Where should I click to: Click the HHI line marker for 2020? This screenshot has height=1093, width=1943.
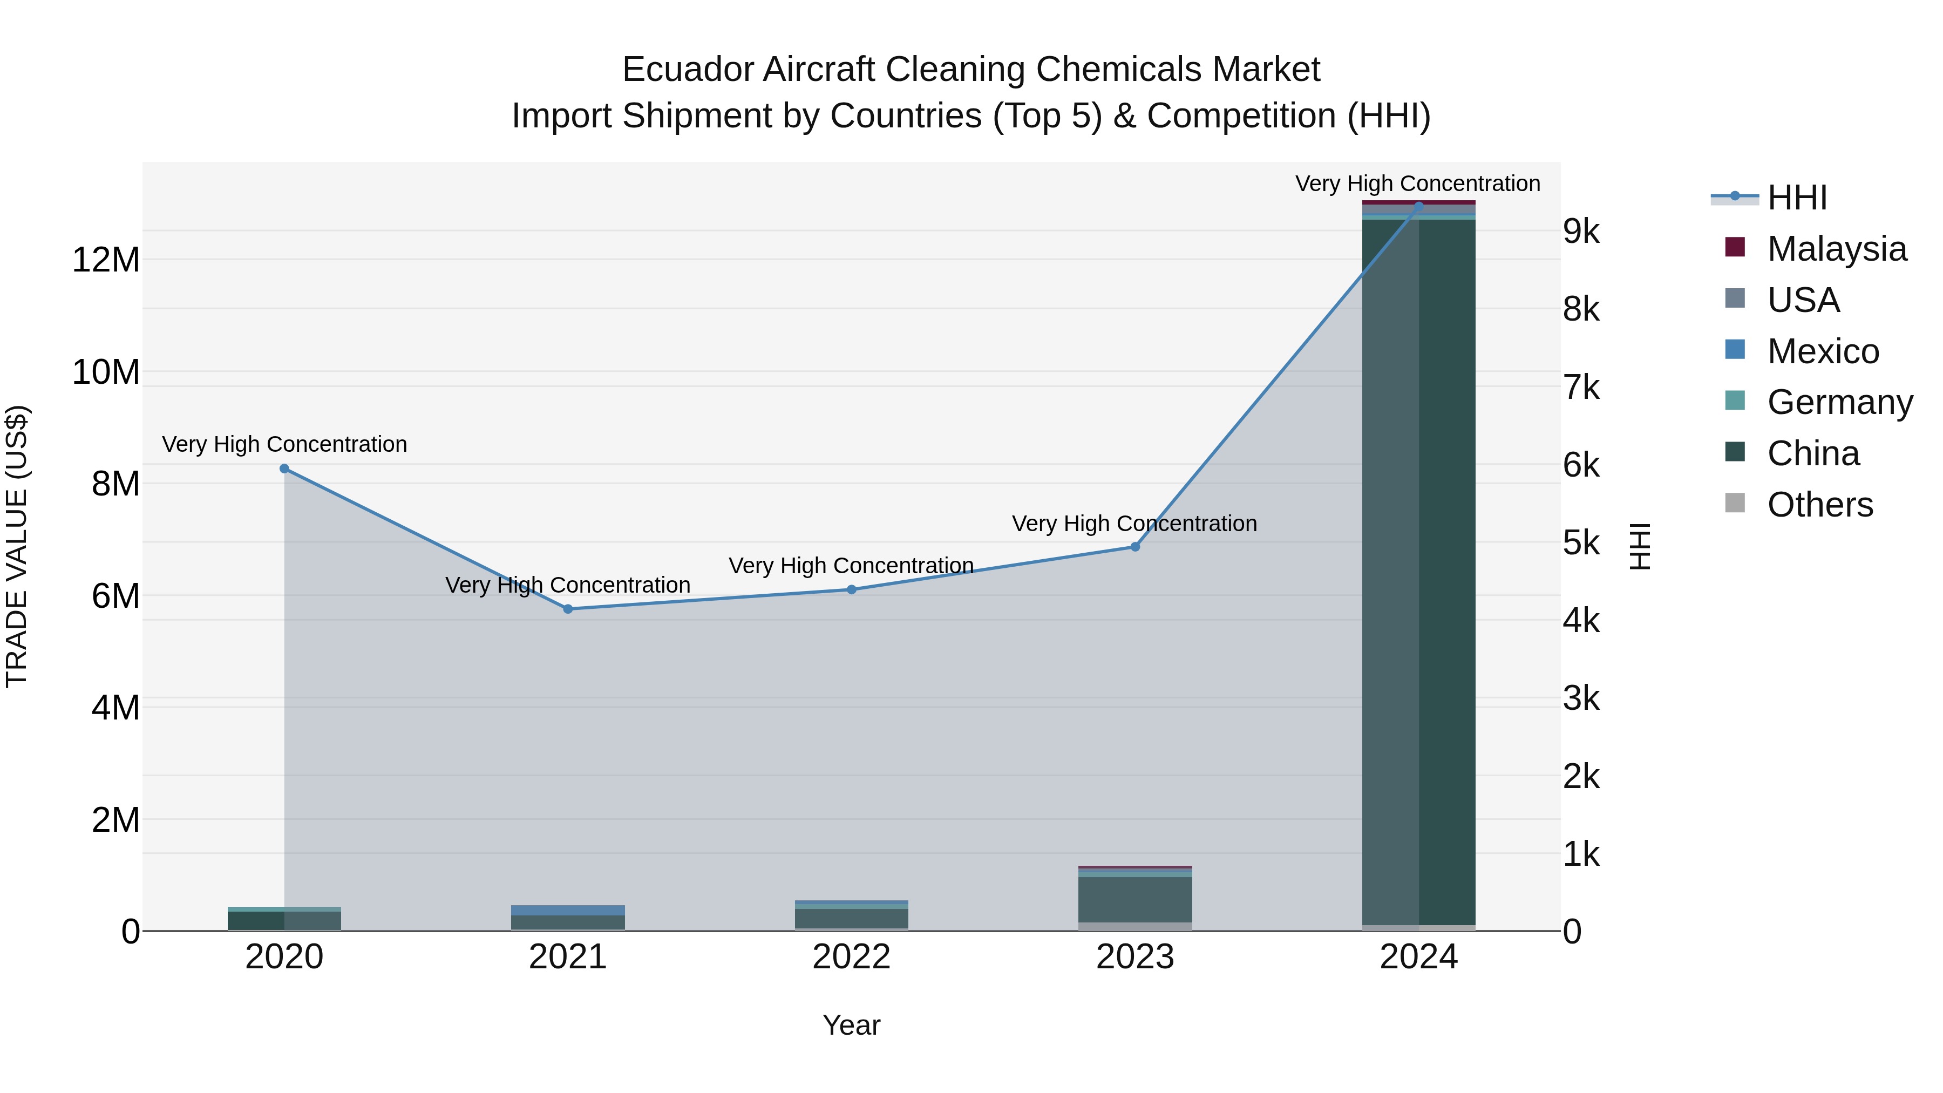[x=284, y=469]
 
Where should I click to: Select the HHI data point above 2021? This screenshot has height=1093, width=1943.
[x=568, y=609]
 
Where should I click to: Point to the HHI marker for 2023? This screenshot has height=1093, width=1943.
[x=1135, y=547]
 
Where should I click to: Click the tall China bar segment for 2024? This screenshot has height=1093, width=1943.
[x=1419, y=573]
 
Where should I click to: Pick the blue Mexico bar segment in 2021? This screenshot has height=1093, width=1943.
[x=568, y=911]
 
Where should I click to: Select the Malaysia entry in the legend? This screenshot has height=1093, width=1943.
[x=1836, y=249]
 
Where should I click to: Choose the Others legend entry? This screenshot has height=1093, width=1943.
[x=1819, y=505]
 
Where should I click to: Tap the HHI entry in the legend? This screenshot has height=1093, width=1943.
[x=1797, y=198]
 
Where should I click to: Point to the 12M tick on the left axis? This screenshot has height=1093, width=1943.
[x=106, y=260]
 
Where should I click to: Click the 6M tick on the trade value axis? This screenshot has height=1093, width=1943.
[x=116, y=596]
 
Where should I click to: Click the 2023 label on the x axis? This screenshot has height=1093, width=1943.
[x=1135, y=957]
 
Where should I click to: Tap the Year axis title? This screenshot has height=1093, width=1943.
[x=852, y=1025]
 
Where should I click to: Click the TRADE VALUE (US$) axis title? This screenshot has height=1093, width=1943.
[x=17, y=546]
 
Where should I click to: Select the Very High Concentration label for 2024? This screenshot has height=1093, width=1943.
[x=1417, y=184]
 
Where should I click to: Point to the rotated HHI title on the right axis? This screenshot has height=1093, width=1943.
[x=1640, y=546]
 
